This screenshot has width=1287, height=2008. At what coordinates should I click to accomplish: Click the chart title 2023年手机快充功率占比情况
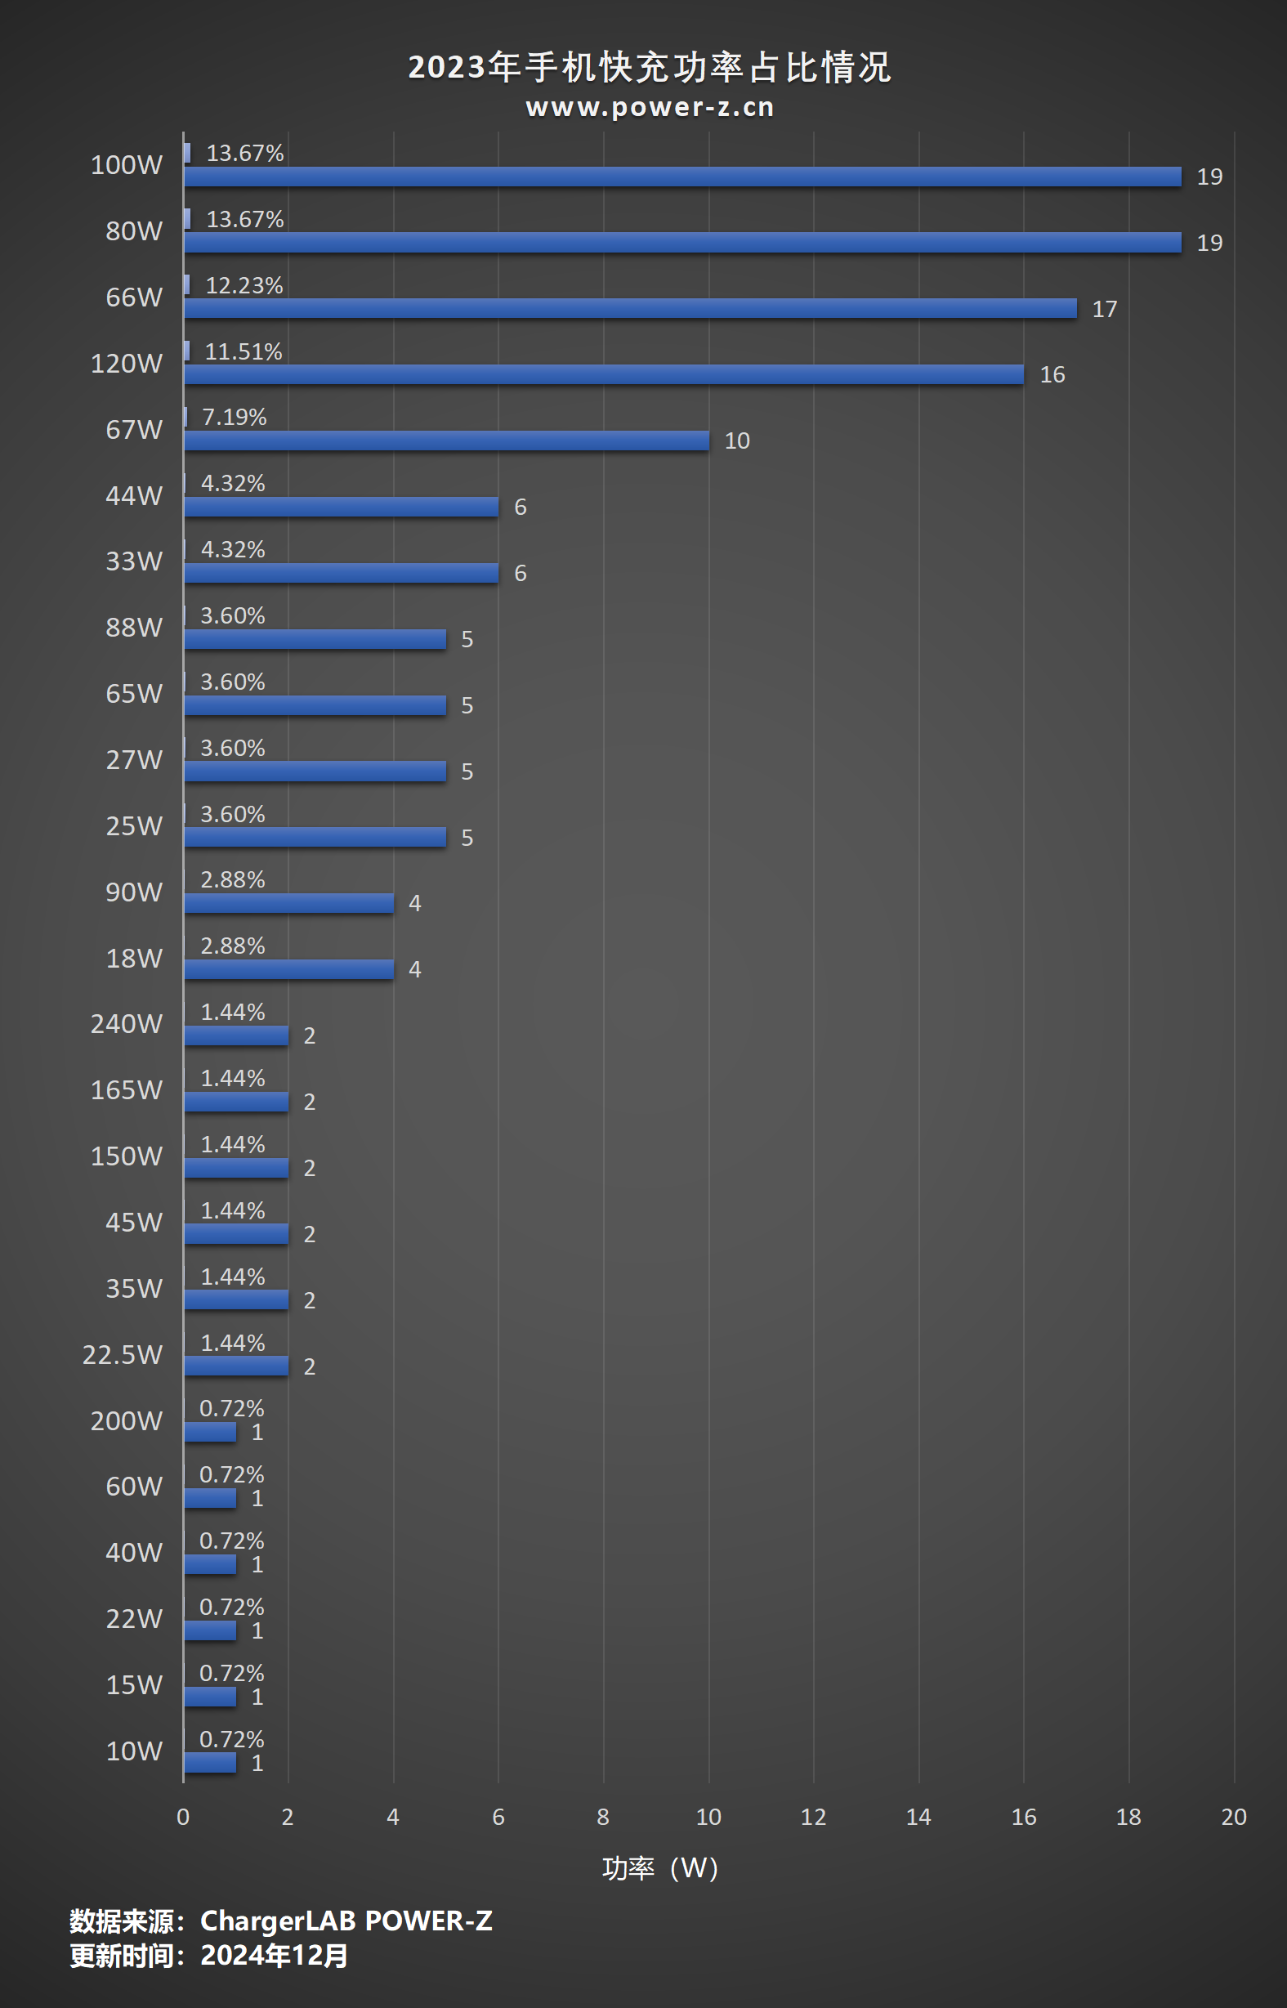(x=650, y=68)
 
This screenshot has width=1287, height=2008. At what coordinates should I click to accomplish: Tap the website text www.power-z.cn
(x=650, y=108)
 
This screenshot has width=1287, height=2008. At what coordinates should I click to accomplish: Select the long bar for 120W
(x=603, y=374)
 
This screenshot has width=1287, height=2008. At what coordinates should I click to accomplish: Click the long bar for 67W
(x=446, y=441)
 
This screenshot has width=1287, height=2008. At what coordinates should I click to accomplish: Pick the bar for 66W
(x=630, y=308)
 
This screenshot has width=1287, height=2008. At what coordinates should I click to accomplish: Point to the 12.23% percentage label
(x=244, y=286)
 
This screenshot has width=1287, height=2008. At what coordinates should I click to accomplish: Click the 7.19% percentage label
(x=234, y=417)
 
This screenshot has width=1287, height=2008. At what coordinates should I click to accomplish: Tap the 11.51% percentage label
(x=244, y=351)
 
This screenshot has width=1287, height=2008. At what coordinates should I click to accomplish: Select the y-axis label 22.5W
(x=122, y=1354)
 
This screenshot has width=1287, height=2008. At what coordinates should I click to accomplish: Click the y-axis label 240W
(x=126, y=1024)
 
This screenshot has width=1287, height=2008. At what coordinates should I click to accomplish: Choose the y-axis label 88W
(x=134, y=628)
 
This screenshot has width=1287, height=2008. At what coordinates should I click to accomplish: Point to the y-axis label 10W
(x=134, y=1751)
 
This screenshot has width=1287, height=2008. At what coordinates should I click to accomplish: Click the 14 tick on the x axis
(x=918, y=1817)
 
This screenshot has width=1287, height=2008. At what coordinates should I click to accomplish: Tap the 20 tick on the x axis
(x=1234, y=1817)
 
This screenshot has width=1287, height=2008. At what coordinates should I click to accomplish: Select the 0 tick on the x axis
(x=183, y=1817)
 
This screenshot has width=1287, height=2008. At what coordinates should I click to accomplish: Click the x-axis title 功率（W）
(x=659, y=1868)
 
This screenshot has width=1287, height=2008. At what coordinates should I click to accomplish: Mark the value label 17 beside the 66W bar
(x=1104, y=309)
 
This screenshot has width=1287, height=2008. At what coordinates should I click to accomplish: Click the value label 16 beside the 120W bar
(x=1052, y=375)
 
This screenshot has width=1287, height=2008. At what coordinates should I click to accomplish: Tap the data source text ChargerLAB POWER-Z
(x=346, y=1921)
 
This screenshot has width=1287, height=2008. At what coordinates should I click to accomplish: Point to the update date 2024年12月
(x=274, y=1957)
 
